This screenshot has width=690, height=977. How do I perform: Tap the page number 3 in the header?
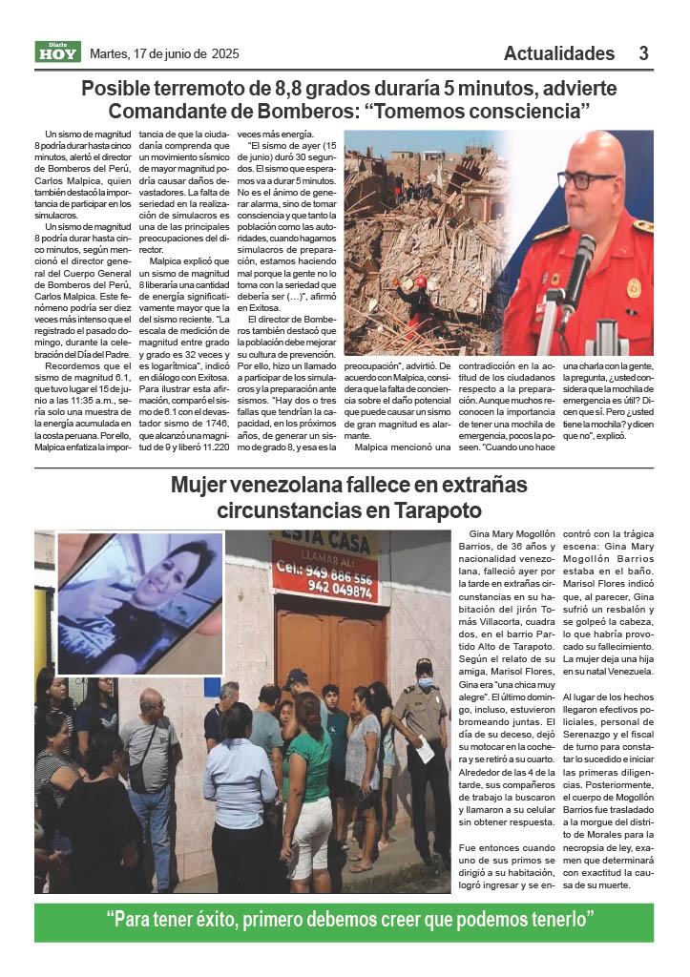click(x=643, y=52)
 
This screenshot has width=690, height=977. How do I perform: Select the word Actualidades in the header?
click(x=558, y=52)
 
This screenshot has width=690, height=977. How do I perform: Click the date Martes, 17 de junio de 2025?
click(x=163, y=52)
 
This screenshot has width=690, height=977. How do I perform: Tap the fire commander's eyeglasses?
click(x=585, y=179)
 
